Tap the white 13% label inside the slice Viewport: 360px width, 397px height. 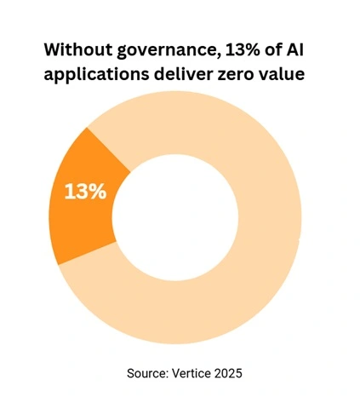(86, 191)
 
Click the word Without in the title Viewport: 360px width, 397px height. (77, 48)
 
